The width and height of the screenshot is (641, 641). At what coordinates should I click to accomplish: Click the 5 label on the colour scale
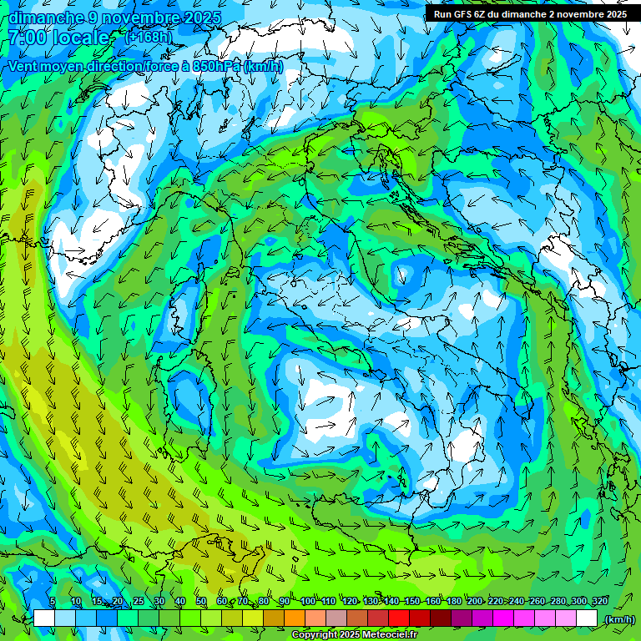53,601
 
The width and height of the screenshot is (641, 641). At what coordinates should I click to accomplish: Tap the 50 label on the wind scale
201,601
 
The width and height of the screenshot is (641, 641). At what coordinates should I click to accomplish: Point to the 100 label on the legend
308,601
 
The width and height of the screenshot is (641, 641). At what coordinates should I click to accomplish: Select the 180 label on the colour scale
453,601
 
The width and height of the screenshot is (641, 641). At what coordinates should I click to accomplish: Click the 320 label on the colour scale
600,601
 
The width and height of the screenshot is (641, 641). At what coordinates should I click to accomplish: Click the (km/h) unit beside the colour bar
618,619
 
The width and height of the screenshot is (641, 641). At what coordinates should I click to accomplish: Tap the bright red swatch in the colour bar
399,618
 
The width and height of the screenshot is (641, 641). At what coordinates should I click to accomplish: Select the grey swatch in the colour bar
336,618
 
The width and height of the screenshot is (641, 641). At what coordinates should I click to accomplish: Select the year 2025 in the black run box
613,14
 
